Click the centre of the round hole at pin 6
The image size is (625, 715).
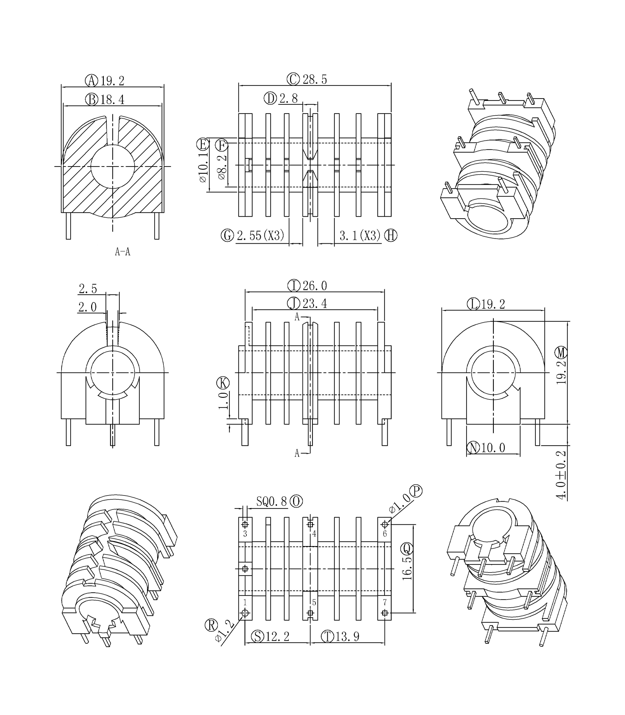pyautogui.click(x=385, y=524)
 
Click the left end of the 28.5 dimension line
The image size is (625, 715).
pyautogui.click(x=239, y=85)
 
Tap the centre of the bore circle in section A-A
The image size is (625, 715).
pyautogui.click(x=112, y=166)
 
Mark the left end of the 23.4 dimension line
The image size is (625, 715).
pyautogui.click(x=252, y=309)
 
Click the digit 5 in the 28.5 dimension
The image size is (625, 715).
pyautogui.click(x=324, y=79)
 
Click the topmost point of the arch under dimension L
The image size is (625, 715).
pyautogui.click(x=493, y=321)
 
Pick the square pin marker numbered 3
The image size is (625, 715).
pyautogui.click(x=245, y=524)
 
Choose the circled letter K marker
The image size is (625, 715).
pyautogui.click(x=223, y=383)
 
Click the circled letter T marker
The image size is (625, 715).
pyautogui.click(x=327, y=636)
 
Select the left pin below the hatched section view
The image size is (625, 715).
pyautogui.click(x=68, y=226)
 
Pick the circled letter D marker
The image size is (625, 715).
pyautogui.click(x=270, y=99)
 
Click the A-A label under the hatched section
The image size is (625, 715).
pyautogui.click(x=122, y=251)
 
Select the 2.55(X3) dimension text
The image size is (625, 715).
pyautogui.click(x=260, y=236)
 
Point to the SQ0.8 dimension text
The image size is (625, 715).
pyautogui.click(x=271, y=501)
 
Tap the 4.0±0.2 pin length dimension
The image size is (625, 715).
pyautogui.click(x=561, y=475)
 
